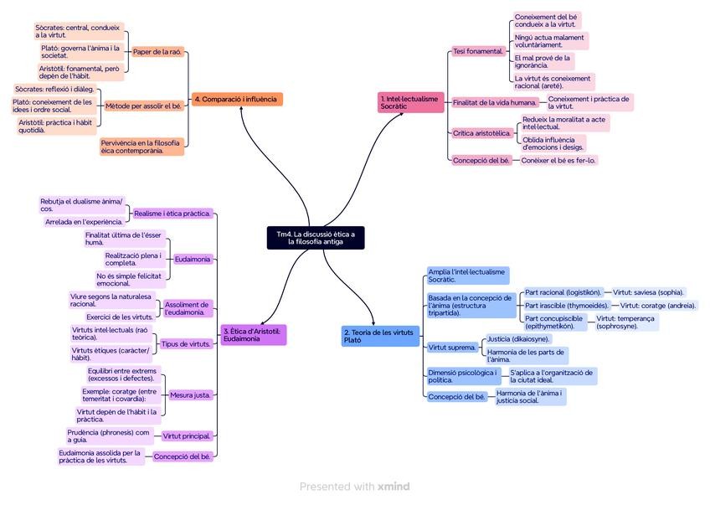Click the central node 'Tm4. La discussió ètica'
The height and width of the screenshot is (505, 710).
pos(316,237)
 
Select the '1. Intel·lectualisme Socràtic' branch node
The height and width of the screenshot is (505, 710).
pos(409,102)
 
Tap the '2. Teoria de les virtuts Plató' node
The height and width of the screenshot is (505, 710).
pos(379,335)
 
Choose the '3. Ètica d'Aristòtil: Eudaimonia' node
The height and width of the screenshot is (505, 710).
pos(254,334)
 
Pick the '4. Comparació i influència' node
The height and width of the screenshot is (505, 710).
pos(237,100)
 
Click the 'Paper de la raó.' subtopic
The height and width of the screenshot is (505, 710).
pos(157,52)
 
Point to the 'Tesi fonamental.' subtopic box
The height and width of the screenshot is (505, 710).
pos(479,51)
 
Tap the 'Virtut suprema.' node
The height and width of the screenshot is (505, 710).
pos(452,347)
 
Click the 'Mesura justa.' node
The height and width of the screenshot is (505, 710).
pos(190,394)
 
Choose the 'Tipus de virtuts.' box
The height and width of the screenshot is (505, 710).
pos(185,343)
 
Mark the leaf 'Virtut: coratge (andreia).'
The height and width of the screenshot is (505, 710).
pos(657,306)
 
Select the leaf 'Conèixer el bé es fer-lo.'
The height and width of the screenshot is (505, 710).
pos(558,160)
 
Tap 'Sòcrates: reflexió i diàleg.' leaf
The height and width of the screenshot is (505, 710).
pos(55,89)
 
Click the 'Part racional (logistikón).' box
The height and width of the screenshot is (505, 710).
pos(563,292)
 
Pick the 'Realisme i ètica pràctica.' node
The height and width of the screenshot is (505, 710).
pos(172,214)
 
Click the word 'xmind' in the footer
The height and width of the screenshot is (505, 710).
pos(394,487)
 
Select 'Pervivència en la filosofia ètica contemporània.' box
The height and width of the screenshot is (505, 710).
pos(141,147)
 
